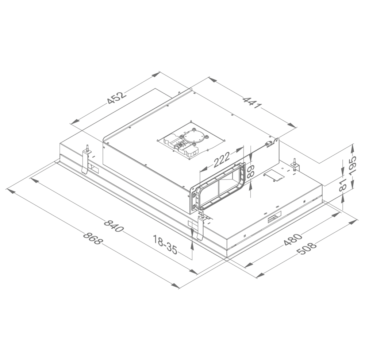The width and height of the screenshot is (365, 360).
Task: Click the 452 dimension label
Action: [116, 98]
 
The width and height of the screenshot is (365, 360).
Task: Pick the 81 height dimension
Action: [343, 185]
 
